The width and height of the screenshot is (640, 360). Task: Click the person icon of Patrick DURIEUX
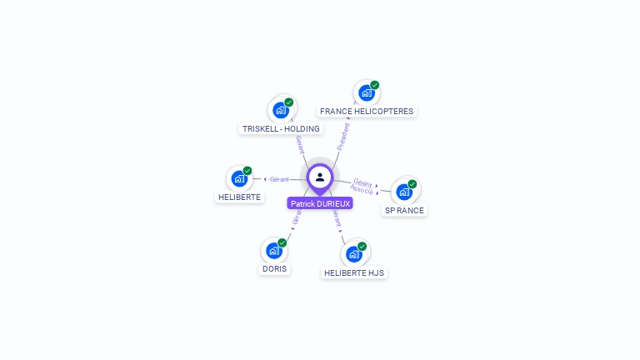[320, 177]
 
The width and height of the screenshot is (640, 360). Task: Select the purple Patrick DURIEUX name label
[320, 203]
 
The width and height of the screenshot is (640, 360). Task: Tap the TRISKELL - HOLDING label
[281, 129]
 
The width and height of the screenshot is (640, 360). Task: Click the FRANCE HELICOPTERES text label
[367, 112]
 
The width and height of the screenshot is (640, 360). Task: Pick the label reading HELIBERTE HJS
[354, 272]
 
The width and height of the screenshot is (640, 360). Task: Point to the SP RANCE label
[404, 211]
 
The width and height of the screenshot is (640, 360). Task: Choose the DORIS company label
[274, 269]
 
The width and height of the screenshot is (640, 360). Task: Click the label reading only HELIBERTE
[239, 197]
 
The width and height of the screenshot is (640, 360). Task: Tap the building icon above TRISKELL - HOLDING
[281, 110]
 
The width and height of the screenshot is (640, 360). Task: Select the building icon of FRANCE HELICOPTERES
[367, 92]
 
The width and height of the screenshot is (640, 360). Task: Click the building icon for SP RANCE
[404, 192]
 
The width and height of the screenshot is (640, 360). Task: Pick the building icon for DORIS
[273, 250]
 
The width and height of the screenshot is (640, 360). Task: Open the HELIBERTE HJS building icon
[354, 254]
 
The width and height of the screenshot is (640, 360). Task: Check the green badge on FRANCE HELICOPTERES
[375, 85]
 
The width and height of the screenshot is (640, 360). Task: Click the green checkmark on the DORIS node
[282, 242]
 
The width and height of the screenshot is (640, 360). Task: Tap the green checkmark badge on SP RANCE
[412, 184]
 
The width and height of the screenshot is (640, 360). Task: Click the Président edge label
[343, 137]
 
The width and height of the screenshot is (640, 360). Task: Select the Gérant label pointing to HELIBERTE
[279, 179]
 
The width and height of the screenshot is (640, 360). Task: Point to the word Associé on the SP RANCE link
[362, 190]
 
